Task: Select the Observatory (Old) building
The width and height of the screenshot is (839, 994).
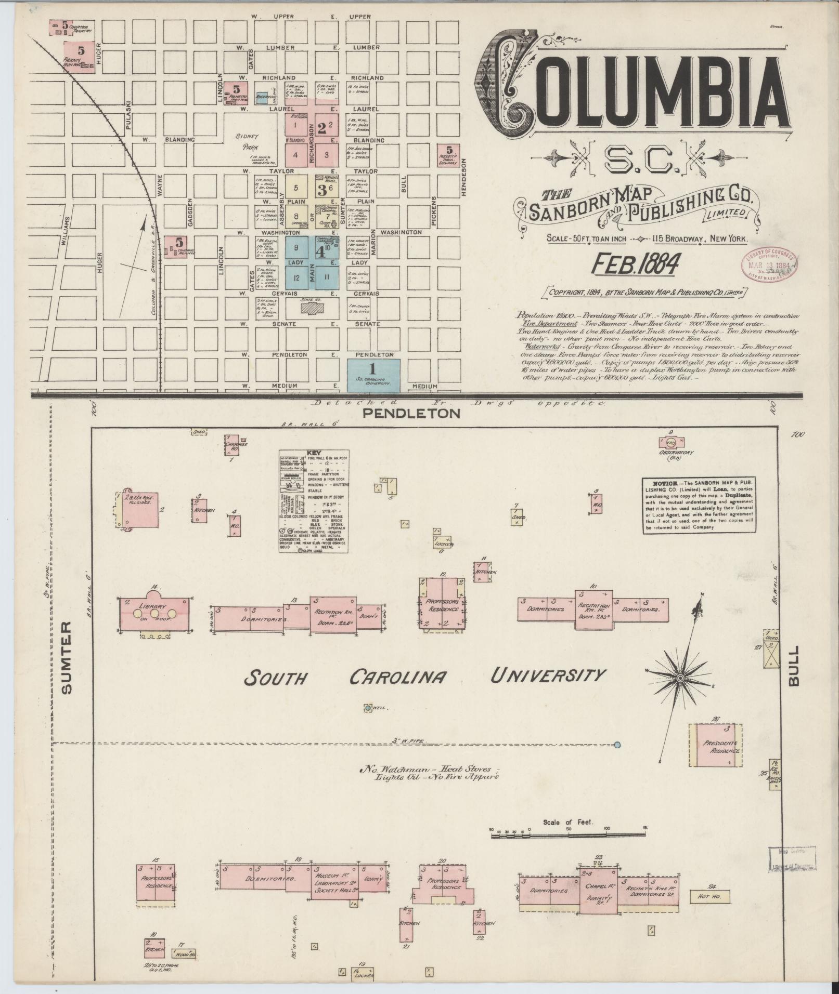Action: (671, 443)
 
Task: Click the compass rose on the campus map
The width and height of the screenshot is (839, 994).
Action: (680, 679)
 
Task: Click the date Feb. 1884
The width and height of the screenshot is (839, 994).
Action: (636, 264)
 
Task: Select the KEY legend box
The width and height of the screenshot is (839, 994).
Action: (314, 500)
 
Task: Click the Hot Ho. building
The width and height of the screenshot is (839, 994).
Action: (710, 896)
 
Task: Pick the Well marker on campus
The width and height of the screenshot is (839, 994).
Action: (368, 707)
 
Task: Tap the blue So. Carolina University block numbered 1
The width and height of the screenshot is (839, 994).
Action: (373, 375)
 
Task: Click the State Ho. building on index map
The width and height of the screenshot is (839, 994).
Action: (312, 307)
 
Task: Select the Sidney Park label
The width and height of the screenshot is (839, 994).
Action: (247, 141)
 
